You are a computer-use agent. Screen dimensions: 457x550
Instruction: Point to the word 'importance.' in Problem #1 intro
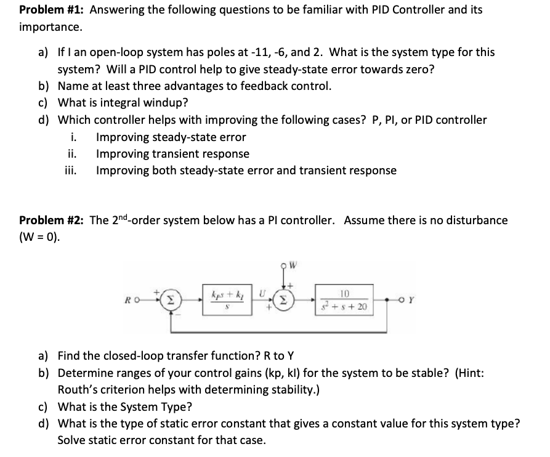point(50,27)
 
